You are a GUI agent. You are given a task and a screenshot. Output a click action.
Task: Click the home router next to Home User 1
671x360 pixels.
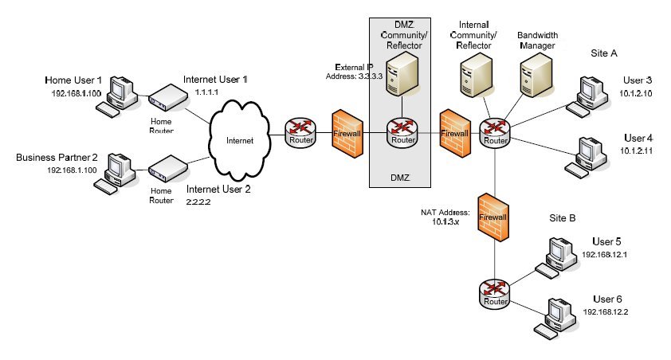168,99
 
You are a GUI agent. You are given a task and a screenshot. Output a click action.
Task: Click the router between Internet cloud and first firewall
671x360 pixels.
303,131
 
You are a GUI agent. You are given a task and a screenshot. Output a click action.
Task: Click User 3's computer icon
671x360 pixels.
591,93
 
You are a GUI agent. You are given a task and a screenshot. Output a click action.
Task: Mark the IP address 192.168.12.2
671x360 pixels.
606,311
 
